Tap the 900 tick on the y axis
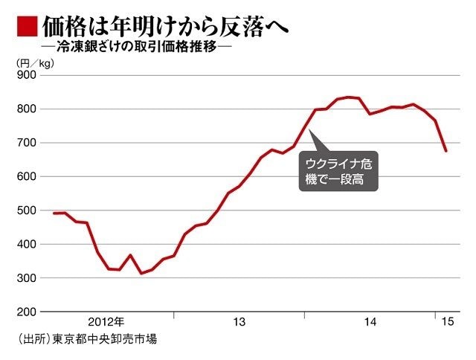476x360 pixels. pyautogui.click(x=27, y=75)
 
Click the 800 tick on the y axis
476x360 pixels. pyautogui.click(x=27, y=109)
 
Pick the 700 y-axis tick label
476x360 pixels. pyautogui.click(x=27, y=143)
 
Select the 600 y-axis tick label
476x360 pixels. pyautogui.click(x=27, y=176)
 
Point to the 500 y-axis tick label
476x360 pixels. pyautogui.click(x=27, y=210)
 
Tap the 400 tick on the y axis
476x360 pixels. pyautogui.click(x=27, y=244)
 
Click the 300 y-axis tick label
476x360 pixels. pyautogui.click(x=27, y=277)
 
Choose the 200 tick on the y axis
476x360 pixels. pyautogui.click(x=27, y=312)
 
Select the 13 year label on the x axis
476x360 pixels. pyautogui.click(x=239, y=322)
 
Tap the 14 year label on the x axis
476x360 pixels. pyautogui.click(x=370, y=322)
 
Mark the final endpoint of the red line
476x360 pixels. pyautogui.click(x=446, y=151)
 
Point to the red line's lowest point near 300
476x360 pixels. pyautogui.click(x=141, y=274)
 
